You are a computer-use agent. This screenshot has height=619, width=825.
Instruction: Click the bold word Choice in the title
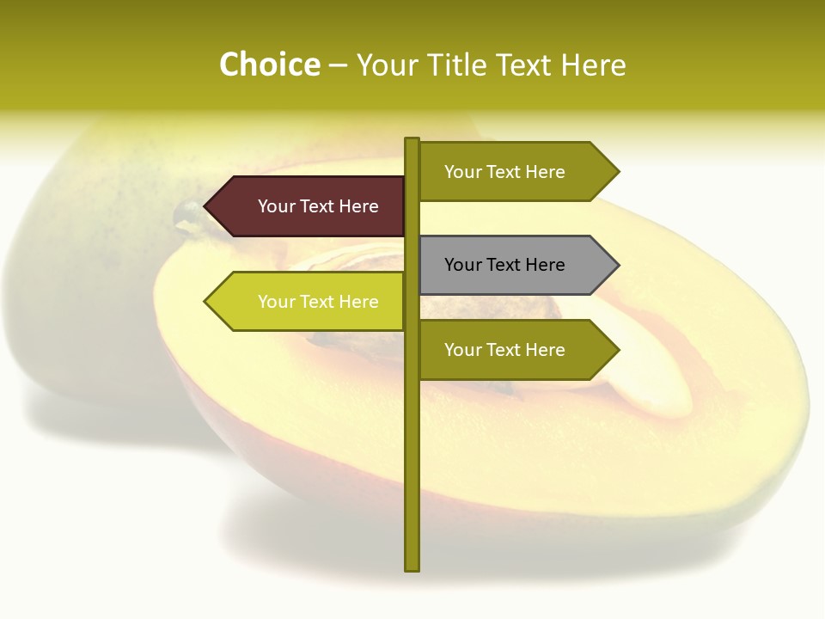(x=269, y=65)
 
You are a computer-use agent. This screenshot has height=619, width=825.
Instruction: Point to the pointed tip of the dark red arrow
(x=206, y=206)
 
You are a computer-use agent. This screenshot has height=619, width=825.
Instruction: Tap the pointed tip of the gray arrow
(x=617, y=265)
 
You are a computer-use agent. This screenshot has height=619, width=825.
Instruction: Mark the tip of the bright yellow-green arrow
(x=206, y=302)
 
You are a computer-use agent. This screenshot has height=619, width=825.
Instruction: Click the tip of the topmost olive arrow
(x=617, y=172)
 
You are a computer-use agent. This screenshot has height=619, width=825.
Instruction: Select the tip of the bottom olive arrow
(x=617, y=350)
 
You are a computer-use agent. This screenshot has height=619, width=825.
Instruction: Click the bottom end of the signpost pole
(x=412, y=567)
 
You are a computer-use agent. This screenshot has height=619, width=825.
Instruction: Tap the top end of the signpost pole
(x=412, y=141)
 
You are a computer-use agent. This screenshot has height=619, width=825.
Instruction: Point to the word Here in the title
(x=594, y=65)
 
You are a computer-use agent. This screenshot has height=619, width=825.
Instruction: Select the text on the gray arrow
(x=504, y=265)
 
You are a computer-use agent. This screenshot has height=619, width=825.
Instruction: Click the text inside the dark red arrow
(x=318, y=206)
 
